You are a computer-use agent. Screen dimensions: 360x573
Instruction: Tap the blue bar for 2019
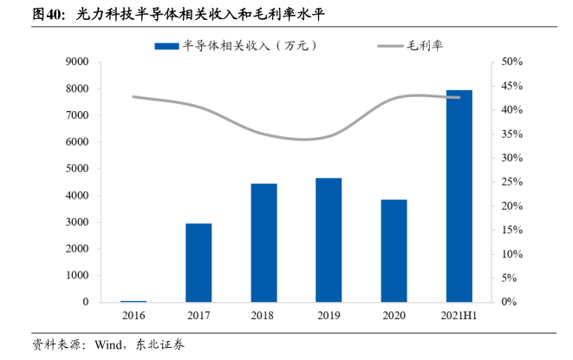(329, 240)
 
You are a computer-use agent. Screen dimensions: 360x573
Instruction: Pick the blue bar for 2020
(394, 251)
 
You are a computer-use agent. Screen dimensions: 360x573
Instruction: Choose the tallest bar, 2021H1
(459, 196)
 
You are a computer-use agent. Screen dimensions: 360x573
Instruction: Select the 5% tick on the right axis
(507, 278)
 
